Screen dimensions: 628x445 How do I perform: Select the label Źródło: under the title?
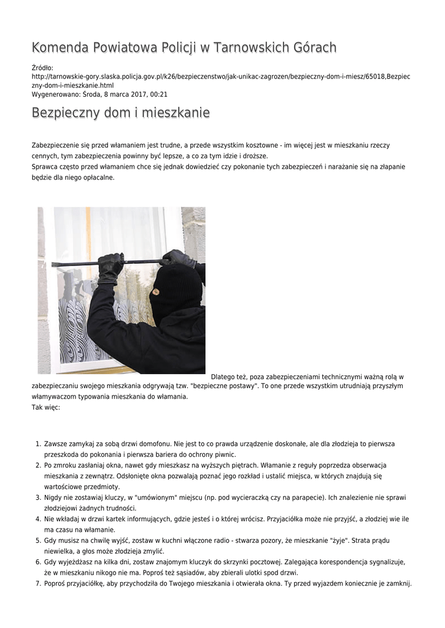(x=42, y=68)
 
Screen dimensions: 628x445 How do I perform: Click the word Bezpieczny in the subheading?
(x=66, y=113)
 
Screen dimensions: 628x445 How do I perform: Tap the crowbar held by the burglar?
(x=104, y=264)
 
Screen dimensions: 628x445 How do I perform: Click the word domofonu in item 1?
(x=153, y=443)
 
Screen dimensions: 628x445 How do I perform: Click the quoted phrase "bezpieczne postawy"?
(x=219, y=386)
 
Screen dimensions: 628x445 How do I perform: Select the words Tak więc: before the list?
(x=46, y=407)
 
